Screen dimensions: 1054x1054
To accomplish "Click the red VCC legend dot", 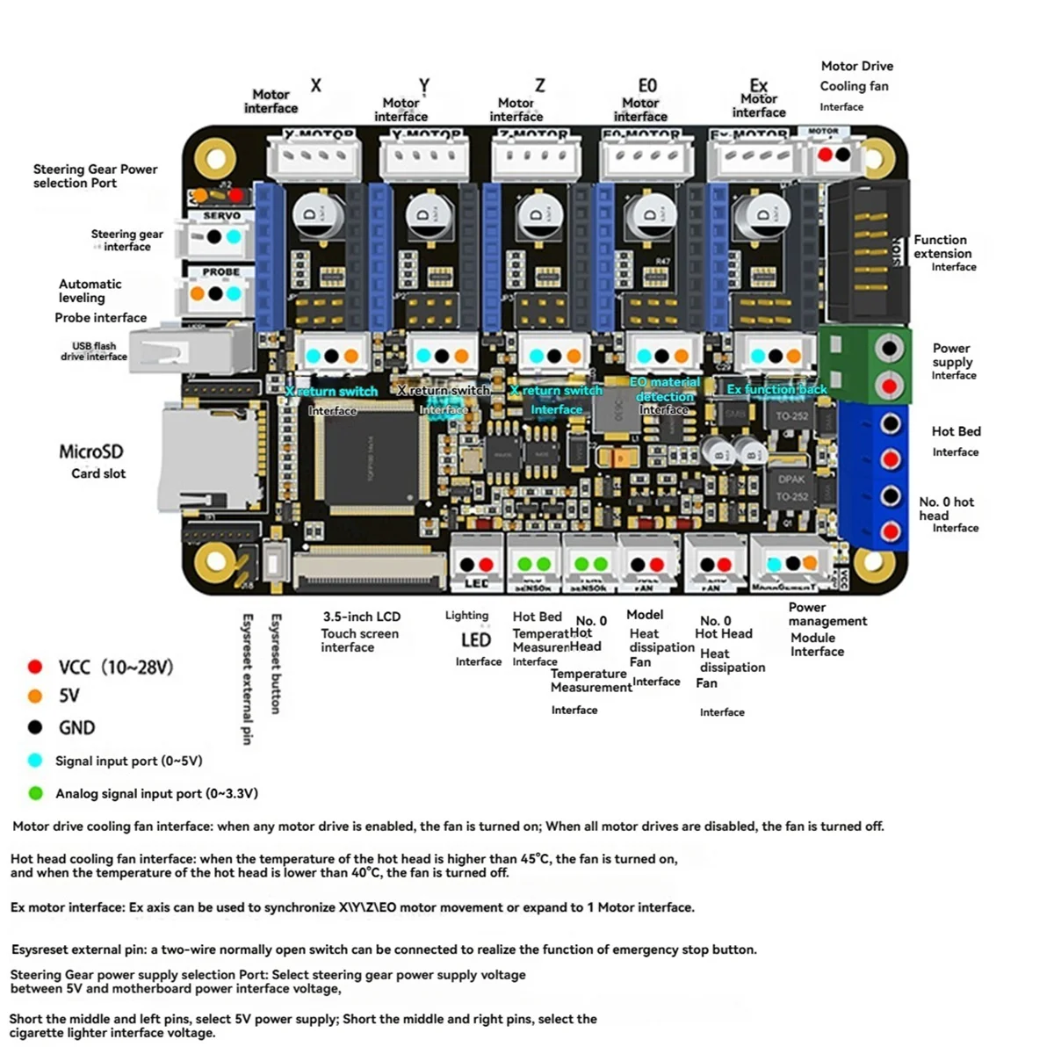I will point(35,668).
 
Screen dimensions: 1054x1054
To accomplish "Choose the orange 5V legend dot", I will point(35,697).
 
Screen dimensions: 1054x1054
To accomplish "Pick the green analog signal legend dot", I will point(35,793).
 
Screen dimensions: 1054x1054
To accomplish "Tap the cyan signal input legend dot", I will point(35,761).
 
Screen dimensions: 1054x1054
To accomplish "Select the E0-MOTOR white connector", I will point(640,157).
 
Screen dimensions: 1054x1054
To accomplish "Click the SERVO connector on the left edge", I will point(216,236).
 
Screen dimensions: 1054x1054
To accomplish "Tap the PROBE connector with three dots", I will point(216,293).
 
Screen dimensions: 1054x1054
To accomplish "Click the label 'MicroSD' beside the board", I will point(91,451).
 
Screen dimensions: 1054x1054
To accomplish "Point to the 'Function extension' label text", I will point(942,247).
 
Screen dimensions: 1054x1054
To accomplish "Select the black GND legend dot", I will point(35,727).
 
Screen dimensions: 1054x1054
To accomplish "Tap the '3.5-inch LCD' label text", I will point(361,617).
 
